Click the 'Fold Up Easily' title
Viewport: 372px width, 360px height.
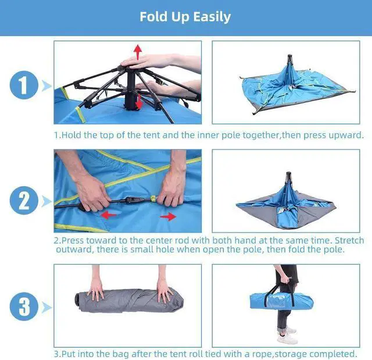point(185,17)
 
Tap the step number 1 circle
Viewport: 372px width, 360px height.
point(24,85)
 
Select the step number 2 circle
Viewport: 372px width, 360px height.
point(24,201)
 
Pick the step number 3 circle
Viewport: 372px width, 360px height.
point(24,306)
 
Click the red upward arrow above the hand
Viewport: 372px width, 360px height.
point(138,52)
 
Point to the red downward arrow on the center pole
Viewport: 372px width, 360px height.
point(139,102)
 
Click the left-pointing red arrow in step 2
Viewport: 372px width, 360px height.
point(109,215)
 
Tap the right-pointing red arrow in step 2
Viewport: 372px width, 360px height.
point(168,216)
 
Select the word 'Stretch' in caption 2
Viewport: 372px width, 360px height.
point(349,240)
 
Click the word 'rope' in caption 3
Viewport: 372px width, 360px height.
point(262,354)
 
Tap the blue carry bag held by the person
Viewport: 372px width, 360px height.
point(281,301)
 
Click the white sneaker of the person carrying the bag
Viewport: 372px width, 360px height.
point(288,338)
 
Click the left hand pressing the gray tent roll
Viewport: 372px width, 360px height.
point(96,290)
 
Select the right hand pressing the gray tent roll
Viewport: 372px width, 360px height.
point(164,291)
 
